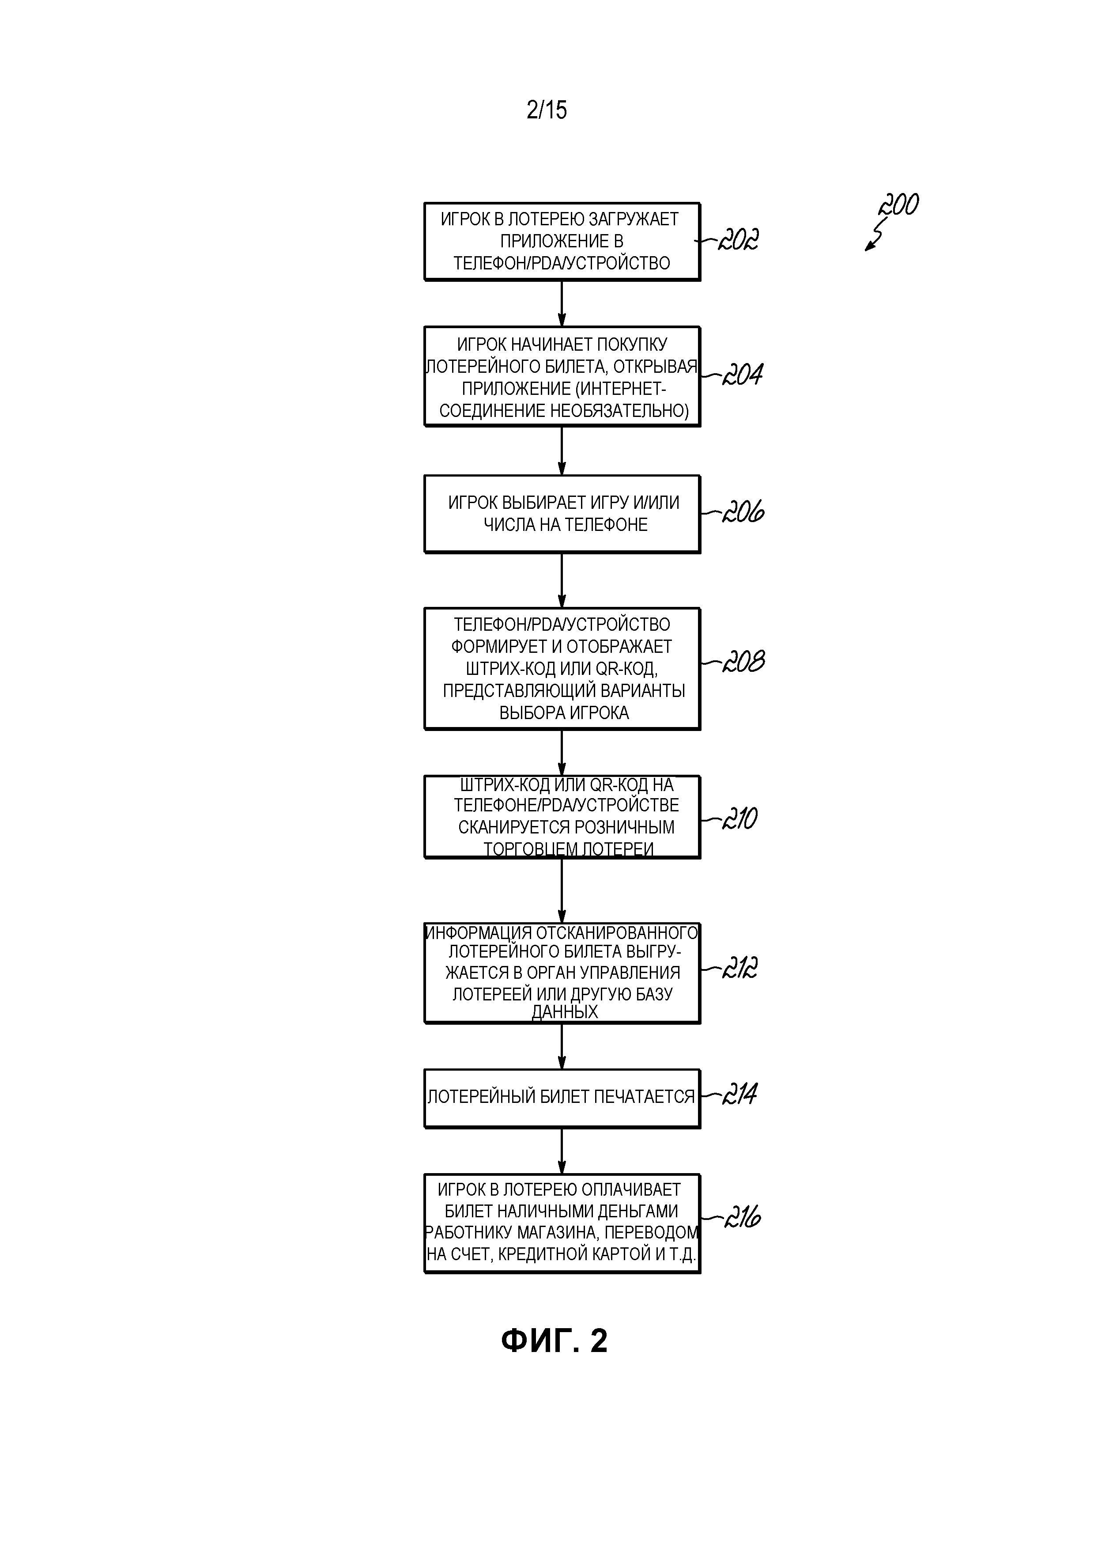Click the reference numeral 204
743,375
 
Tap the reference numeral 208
743,662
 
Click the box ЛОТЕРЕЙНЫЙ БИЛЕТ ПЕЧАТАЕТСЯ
562,1098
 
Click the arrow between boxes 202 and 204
562,303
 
